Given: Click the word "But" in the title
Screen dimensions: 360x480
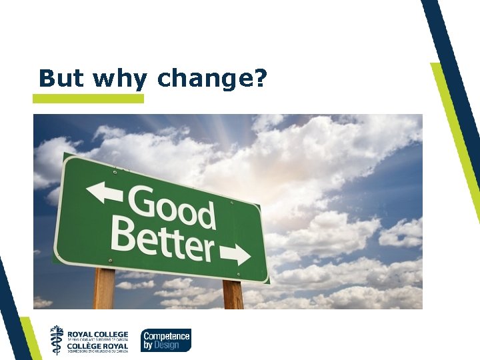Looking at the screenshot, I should coord(62,78).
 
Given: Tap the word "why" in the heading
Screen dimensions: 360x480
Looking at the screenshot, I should coord(120,79).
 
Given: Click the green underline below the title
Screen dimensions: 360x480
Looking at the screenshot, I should coord(88,99).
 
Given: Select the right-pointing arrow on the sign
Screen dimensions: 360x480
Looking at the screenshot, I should coord(234,254).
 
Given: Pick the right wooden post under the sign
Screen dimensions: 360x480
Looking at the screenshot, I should coord(232,295).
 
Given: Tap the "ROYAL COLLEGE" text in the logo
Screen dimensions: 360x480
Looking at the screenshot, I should coord(97,333).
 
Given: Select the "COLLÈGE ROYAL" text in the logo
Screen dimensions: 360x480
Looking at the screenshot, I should coord(97,346).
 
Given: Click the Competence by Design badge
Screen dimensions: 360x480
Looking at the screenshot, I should coord(165,340).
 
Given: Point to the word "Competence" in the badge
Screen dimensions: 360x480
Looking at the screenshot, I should coord(167,336).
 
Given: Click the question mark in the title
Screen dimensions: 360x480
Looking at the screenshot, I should coord(261,78).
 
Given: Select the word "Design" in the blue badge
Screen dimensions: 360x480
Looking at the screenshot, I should coord(171,345).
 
